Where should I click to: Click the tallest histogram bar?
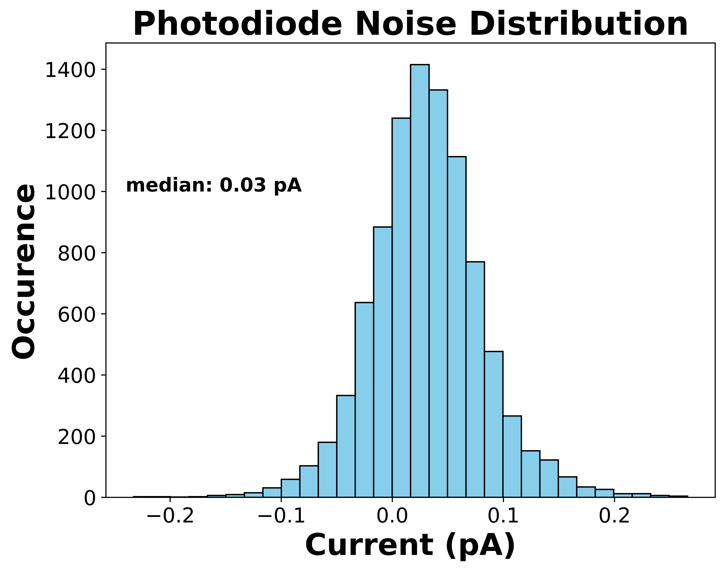coord(420,281)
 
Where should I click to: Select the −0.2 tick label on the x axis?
coord(170,516)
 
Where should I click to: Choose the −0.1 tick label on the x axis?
coord(281,516)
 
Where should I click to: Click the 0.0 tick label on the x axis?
coord(392,516)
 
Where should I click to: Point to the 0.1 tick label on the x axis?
coord(503,516)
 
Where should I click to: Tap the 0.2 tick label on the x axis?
coord(614,516)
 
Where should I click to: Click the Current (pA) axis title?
coord(410,546)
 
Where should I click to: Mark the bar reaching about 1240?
coord(401,308)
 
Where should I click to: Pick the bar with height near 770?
coord(475,379)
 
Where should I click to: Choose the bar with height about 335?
coord(346,446)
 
